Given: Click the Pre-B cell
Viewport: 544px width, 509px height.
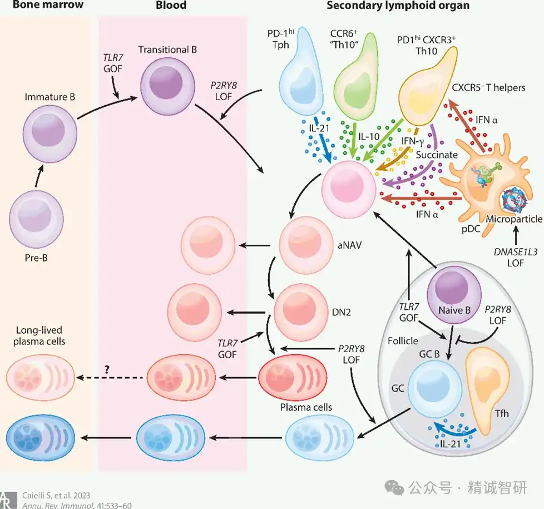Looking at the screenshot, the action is click(36, 219).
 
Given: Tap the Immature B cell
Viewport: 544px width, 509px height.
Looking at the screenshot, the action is click(50, 134).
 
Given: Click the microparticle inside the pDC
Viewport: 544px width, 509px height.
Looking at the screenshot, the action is click(515, 200).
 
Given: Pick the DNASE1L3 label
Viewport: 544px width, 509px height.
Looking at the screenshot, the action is click(515, 252).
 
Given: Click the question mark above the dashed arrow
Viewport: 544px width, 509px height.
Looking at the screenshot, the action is click(107, 369).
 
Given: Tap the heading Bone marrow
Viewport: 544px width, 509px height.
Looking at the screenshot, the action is click(48, 5).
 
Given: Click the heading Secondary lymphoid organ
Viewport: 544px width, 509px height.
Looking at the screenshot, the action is click(398, 5).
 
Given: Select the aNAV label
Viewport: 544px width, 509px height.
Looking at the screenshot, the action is click(350, 245).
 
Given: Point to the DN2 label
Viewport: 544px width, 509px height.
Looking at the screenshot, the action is click(342, 312).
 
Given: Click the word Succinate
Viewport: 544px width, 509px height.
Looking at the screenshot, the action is click(437, 155).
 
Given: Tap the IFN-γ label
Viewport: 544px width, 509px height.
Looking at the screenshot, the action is click(413, 141).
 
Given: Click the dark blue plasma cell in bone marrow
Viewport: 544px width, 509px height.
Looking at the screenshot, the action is click(41, 438).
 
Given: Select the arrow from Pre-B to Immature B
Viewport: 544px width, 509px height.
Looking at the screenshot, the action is click(39, 177).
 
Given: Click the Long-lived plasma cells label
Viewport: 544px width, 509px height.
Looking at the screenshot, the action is click(39, 335).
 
